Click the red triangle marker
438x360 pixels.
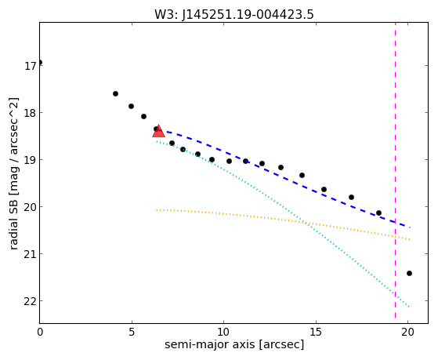pos(158,131)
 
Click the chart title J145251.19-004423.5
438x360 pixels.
pos(248,14)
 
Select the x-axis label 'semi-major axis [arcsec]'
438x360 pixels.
pos(234,344)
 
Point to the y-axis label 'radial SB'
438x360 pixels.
pos(13,223)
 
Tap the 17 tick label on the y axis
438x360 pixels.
pos(31,66)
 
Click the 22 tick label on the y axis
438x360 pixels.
pos(31,301)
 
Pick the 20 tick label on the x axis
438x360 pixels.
pos(407,332)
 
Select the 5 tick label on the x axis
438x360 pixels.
pos(132,332)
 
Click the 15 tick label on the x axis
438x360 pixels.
pos(316,332)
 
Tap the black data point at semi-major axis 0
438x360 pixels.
pos(40,62)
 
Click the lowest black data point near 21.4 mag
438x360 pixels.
pos(409,273)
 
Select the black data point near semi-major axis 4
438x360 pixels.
pos(115,93)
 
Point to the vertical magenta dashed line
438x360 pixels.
pos(395,170)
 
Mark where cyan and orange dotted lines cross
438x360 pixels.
pos(306,223)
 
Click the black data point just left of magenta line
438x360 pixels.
pos(378,213)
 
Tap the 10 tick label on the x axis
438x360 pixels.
pos(223,332)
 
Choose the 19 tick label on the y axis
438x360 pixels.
pos(31,160)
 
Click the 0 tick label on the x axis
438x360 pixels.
pos(40,332)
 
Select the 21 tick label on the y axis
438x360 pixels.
pos(31,254)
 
